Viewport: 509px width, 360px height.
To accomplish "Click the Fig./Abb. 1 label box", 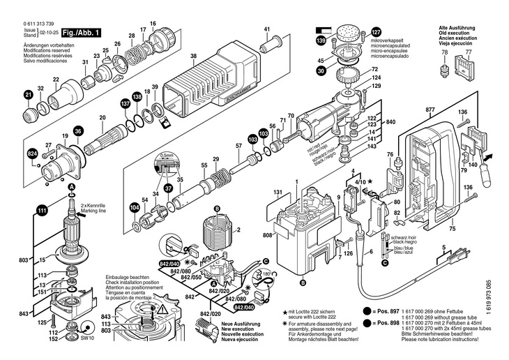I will [81, 33].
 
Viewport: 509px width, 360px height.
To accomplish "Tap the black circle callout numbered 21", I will [29, 95].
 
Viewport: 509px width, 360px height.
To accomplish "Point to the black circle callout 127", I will [377, 33].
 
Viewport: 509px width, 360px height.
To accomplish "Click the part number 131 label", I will [278, 192].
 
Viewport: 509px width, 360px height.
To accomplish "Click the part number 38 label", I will [193, 56].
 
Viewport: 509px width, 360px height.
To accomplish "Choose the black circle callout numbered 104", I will [134, 207].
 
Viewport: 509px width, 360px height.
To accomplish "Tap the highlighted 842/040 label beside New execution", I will [243, 308].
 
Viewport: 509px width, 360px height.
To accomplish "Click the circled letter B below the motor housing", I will [302, 284].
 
